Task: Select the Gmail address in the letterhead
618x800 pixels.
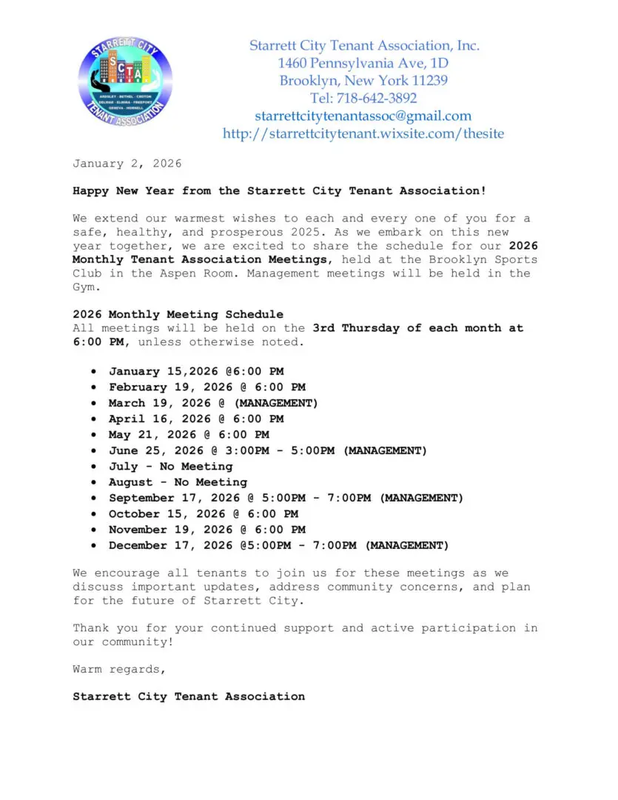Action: pos(363,116)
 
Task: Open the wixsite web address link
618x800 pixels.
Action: pos(363,134)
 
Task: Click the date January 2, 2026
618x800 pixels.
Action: pos(127,164)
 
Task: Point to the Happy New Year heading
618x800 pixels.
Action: pos(279,191)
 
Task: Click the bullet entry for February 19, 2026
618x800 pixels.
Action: pos(206,387)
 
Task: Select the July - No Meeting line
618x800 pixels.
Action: pos(170,467)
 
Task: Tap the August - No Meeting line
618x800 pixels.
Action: pos(178,482)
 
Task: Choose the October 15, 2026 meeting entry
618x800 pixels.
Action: pos(203,514)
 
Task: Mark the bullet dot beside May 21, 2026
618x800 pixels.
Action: pos(93,435)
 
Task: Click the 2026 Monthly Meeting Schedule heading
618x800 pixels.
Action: pos(178,315)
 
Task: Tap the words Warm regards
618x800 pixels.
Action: pos(119,670)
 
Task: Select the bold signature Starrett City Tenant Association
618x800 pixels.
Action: pos(188,696)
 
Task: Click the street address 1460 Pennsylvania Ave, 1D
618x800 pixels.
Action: pos(363,63)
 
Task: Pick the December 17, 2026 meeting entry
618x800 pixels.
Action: pos(278,546)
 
